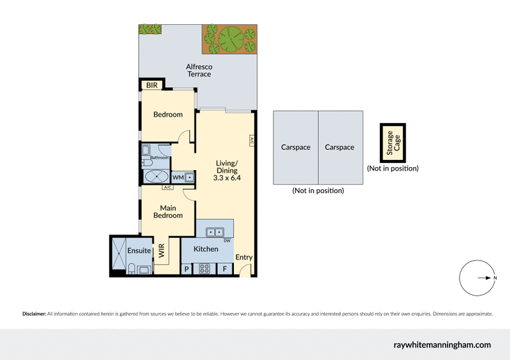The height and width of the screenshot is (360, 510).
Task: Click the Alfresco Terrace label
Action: (x=198, y=70)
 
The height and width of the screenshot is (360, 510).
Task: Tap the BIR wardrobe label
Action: (x=152, y=85)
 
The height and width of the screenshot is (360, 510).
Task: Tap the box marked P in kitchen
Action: (x=187, y=269)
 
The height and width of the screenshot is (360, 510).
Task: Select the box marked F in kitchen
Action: (x=225, y=269)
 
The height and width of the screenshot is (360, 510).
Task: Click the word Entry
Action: (x=244, y=257)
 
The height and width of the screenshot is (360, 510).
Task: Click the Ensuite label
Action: (x=138, y=250)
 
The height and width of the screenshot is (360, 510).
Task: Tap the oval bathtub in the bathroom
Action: (x=156, y=177)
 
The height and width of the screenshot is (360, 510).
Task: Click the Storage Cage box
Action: (x=391, y=143)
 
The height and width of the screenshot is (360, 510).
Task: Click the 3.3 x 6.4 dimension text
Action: (x=226, y=178)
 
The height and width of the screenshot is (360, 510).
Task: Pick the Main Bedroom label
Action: (x=168, y=212)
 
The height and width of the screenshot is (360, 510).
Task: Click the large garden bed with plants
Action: (x=229, y=40)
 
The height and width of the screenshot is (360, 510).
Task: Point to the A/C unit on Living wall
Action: (x=252, y=141)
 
